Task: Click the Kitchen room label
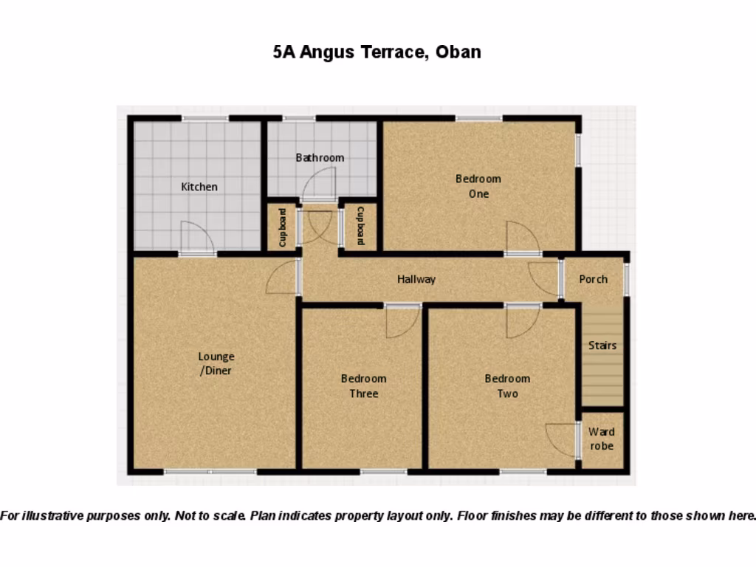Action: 199,187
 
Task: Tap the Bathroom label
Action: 320,157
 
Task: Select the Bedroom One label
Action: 478,186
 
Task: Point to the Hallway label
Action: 416,279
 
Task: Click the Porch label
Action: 594,279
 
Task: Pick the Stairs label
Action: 602,346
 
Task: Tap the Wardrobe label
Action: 602,439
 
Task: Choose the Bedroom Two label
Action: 507,386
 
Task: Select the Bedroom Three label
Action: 363,386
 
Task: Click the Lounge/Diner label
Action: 216,364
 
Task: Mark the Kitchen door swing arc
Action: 196,238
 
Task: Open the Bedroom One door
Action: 523,238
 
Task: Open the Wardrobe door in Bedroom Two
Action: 561,440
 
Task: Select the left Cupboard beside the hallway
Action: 282,227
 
